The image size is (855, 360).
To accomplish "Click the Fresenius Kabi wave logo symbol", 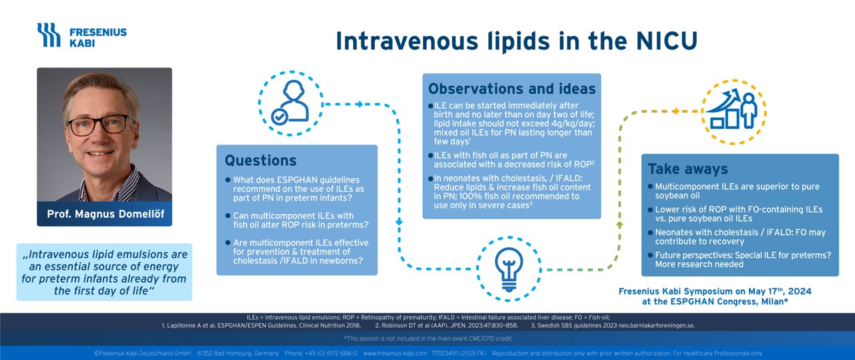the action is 49,35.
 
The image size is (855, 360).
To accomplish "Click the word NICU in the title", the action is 667,41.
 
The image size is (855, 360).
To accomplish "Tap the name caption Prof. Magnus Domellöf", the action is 106,214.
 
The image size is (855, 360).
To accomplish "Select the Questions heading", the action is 261,161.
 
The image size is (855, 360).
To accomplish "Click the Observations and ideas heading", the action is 512,89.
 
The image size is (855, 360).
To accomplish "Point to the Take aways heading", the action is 688,169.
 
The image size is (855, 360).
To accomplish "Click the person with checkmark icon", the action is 290,103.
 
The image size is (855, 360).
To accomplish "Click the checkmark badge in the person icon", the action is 279,117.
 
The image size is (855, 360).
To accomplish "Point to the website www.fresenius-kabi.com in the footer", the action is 395,353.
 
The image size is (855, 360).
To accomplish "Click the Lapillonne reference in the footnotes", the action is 261,326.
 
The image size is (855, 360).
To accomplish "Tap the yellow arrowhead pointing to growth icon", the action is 675,111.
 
